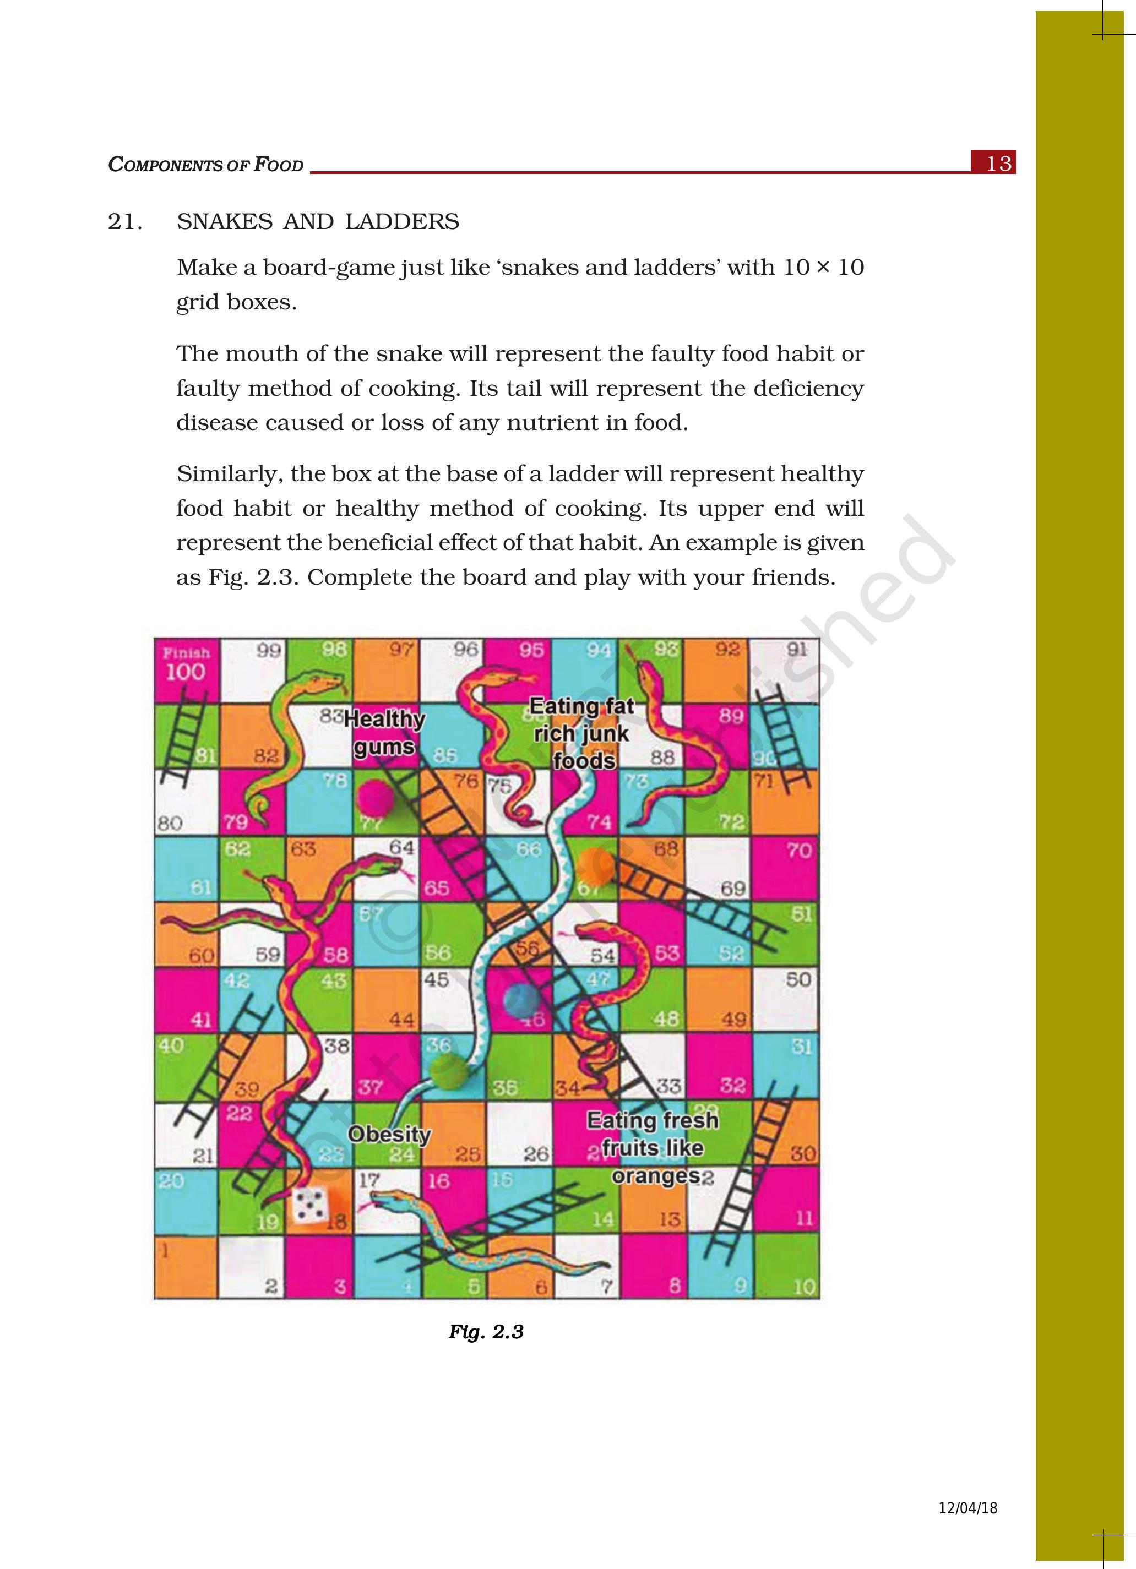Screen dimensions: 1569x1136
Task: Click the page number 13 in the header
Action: point(998,164)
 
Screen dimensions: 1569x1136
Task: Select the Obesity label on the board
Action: point(389,1135)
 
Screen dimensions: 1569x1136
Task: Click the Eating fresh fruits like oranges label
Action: point(652,1148)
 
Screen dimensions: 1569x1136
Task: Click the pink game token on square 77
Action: point(375,798)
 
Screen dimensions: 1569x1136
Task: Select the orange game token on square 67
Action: point(596,865)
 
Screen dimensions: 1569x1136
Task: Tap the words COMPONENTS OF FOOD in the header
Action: point(206,165)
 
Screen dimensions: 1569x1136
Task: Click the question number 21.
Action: point(125,222)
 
